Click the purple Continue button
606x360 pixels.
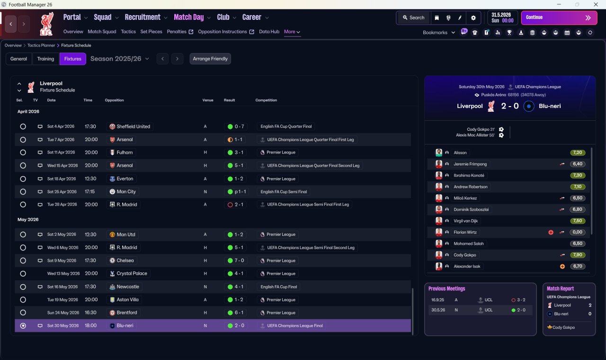(559, 18)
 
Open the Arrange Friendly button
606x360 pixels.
(210, 59)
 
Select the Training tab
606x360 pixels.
(45, 59)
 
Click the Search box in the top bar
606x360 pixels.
(413, 18)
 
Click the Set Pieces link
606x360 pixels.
(151, 32)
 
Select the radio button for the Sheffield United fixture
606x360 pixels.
(23, 126)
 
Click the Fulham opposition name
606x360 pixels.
(125, 153)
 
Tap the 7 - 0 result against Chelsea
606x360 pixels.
(239, 261)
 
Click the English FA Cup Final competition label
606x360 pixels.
(279, 287)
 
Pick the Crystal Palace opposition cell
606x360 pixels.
(128, 273)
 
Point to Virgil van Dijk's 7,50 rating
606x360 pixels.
(578, 221)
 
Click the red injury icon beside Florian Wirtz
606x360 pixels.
(551, 232)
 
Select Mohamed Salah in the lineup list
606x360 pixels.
(469, 243)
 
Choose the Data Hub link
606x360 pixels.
(269, 32)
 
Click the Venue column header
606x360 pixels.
(208, 100)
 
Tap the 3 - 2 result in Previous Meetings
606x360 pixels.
(521, 300)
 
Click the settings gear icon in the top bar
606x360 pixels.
(473, 18)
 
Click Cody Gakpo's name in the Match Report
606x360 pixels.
(563, 327)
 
